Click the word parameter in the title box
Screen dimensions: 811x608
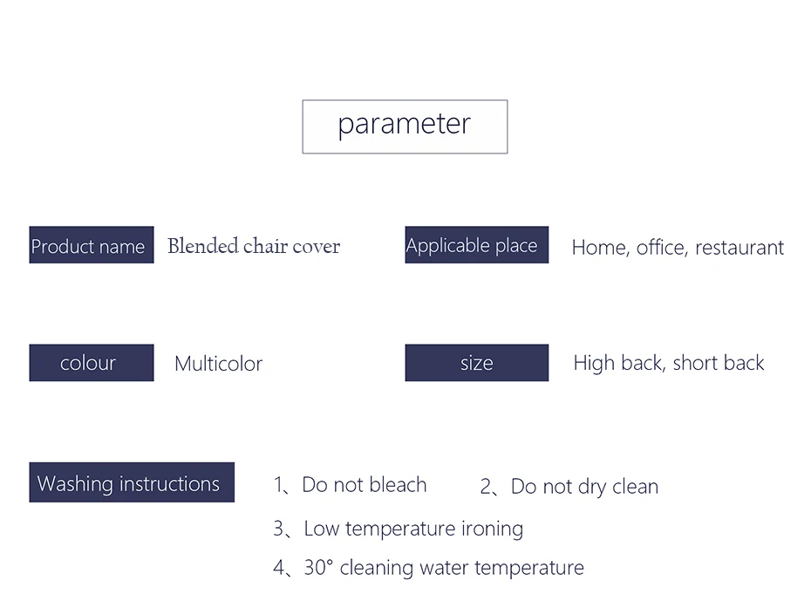[405, 124]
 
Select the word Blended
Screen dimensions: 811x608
[202, 246]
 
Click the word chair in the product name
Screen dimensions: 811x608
[265, 246]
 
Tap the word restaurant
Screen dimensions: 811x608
[739, 248]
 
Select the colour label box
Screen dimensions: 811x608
[92, 363]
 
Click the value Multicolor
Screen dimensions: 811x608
[219, 364]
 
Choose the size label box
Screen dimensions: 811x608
[476, 363]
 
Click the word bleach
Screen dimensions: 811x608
[399, 485]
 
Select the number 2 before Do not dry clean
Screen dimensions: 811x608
[486, 487]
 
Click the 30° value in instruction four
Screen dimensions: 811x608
[318, 568]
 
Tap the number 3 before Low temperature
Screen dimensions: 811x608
[279, 529]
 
